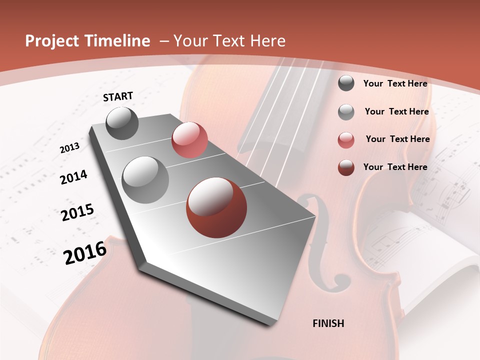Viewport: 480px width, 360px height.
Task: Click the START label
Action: pyautogui.click(x=118, y=96)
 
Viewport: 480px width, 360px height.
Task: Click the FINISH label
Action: pyautogui.click(x=328, y=323)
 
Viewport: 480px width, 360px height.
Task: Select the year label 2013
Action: pyautogui.click(x=69, y=148)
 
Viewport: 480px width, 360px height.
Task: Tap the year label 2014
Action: pyautogui.click(x=73, y=177)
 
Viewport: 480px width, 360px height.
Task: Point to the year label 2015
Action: pyautogui.click(x=77, y=212)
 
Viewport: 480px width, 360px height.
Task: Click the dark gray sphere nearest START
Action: pyautogui.click(x=122, y=123)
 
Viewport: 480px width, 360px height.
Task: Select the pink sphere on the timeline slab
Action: pyautogui.click(x=189, y=140)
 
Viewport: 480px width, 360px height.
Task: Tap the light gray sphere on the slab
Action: pyautogui.click(x=145, y=179)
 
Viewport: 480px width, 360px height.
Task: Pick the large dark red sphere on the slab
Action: pyautogui.click(x=216, y=207)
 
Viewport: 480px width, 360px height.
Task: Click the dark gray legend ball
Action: pyautogui.click(x=346, y=83)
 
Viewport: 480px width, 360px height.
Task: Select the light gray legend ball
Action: pyautogui.click(x=346, y=112)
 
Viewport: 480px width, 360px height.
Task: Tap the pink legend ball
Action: pyautogui.click(x=346, y=140)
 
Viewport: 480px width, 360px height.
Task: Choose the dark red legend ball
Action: pyautogui.click(x=346, y=167)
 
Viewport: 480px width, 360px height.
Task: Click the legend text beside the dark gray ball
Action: pyautogui.click(x=395, y=83)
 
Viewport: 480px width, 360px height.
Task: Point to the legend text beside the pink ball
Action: pyautogui.click(x=397, y=139)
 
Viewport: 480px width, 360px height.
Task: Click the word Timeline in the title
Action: pyautogui.click(x=118, y=41)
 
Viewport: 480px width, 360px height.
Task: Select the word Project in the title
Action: pyautogui.click(x=52, y=41)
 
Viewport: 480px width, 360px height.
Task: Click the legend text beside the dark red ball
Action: pyautogui.click(x=395, y=167)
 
